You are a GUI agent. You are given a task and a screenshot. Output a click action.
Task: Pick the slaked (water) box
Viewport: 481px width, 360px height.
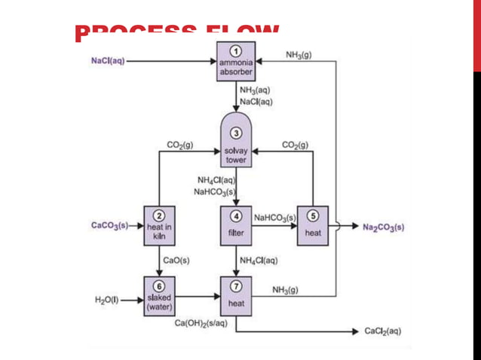[x=159, y=294]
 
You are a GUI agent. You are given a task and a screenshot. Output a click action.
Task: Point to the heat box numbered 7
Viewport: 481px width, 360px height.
[x=236, y=295]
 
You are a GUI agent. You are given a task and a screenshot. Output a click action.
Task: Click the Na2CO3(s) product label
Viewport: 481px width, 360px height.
[x=383, y=226]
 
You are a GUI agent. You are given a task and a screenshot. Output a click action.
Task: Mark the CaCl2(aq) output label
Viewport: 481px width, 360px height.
[x=383, y=331]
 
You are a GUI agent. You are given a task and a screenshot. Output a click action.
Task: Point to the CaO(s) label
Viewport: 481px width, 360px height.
[x=176, y=261]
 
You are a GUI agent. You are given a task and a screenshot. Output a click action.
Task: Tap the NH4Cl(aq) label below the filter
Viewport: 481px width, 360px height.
[x=258, y=261]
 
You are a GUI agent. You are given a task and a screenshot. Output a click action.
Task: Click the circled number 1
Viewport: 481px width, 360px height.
[x=236, y=50]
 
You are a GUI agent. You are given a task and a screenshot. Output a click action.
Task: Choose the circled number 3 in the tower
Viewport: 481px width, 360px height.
[x=236, y=133]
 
